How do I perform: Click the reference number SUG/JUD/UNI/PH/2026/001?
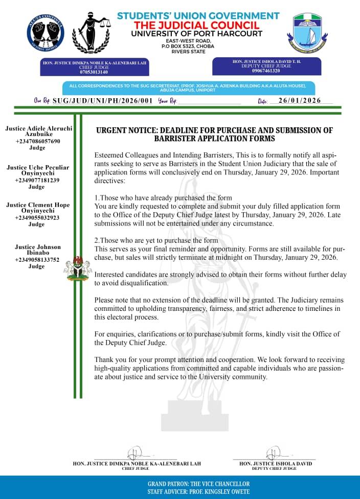[x=103, y=101]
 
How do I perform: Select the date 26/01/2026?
[x=300, y=100]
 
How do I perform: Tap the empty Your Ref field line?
[x=209, y=102]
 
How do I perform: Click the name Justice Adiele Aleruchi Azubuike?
[x=38, y=130]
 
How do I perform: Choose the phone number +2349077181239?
[x=37, y=180]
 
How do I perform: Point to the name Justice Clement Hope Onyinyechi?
[x=37, y=208]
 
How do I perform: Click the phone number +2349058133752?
[x=37, y=260]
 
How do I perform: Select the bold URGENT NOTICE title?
[x=214, y=134]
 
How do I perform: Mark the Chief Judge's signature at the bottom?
[x=137, y=452]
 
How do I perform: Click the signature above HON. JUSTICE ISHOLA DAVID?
[x=274, y=452]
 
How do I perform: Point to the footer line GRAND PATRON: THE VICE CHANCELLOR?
[x=198, y=484]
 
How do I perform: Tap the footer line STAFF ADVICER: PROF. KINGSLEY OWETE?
[x=198, y=491]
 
